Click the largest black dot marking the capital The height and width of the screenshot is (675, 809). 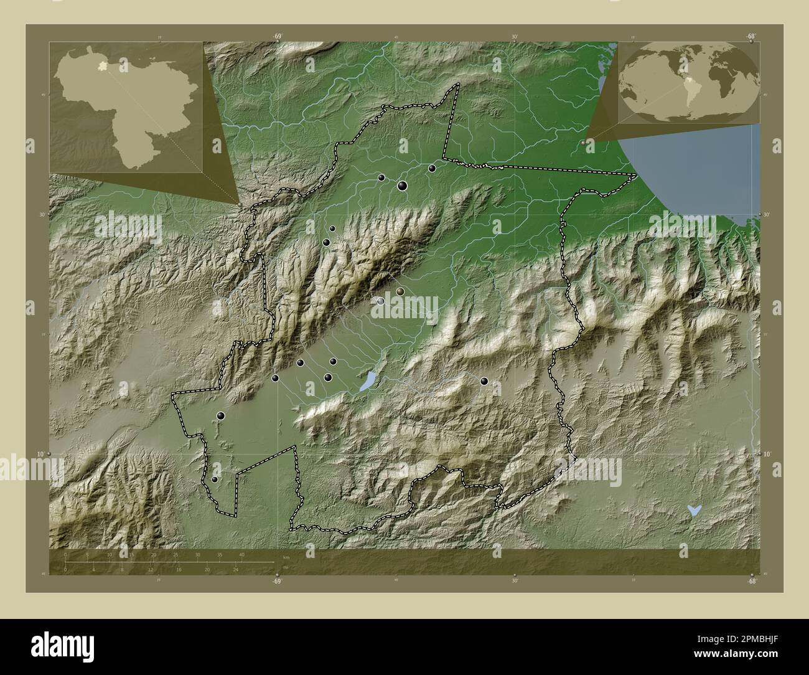402,185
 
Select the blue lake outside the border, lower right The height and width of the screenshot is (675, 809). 693,510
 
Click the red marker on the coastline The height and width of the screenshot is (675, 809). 583,143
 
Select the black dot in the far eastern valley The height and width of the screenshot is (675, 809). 484,381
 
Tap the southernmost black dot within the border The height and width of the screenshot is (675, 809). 215,479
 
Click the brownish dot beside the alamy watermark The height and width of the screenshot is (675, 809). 400,291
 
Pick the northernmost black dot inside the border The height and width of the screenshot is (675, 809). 431,168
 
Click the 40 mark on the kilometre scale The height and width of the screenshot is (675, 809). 241,554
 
